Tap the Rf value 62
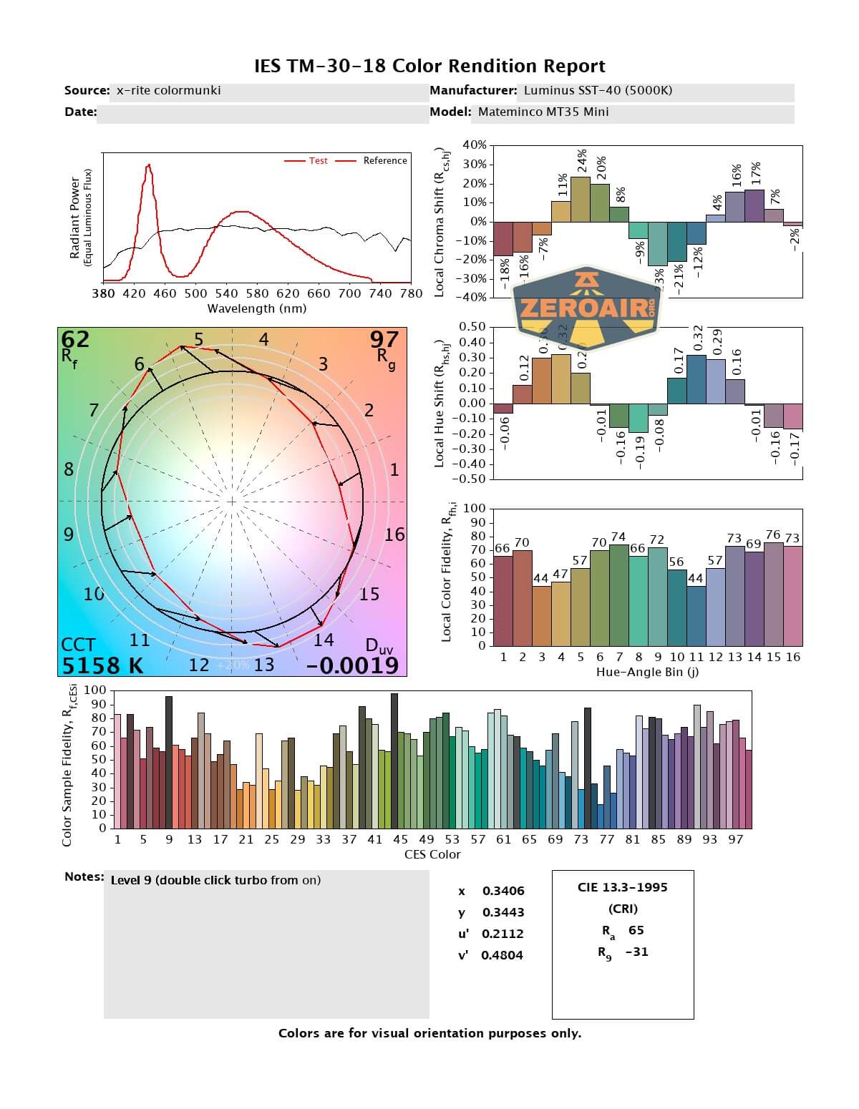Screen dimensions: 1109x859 tap(75, 338)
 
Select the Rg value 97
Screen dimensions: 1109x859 tap(384, 338)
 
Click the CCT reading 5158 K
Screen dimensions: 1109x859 tap(102, 665)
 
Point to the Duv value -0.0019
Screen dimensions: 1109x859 tap(352, 665)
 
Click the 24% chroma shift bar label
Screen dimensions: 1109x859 tap(581, 162)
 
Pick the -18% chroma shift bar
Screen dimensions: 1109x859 tap(503, 240)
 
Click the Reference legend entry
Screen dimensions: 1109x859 tap(384, 161)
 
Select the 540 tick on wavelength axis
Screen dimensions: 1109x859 tap(226, 293)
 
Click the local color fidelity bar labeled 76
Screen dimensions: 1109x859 tap(773, 594)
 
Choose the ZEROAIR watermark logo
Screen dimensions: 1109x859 tap(587, 308)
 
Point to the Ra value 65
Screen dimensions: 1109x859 tap(636, 930)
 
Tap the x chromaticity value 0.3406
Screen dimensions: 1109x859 tap(503, 891)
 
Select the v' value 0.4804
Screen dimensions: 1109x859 tap(502, 955)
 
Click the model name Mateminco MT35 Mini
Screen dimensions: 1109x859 tap(543, 112)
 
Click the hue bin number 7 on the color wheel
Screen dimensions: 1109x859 tap(93, 410)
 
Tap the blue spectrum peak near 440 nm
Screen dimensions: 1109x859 tap(148, 166)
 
